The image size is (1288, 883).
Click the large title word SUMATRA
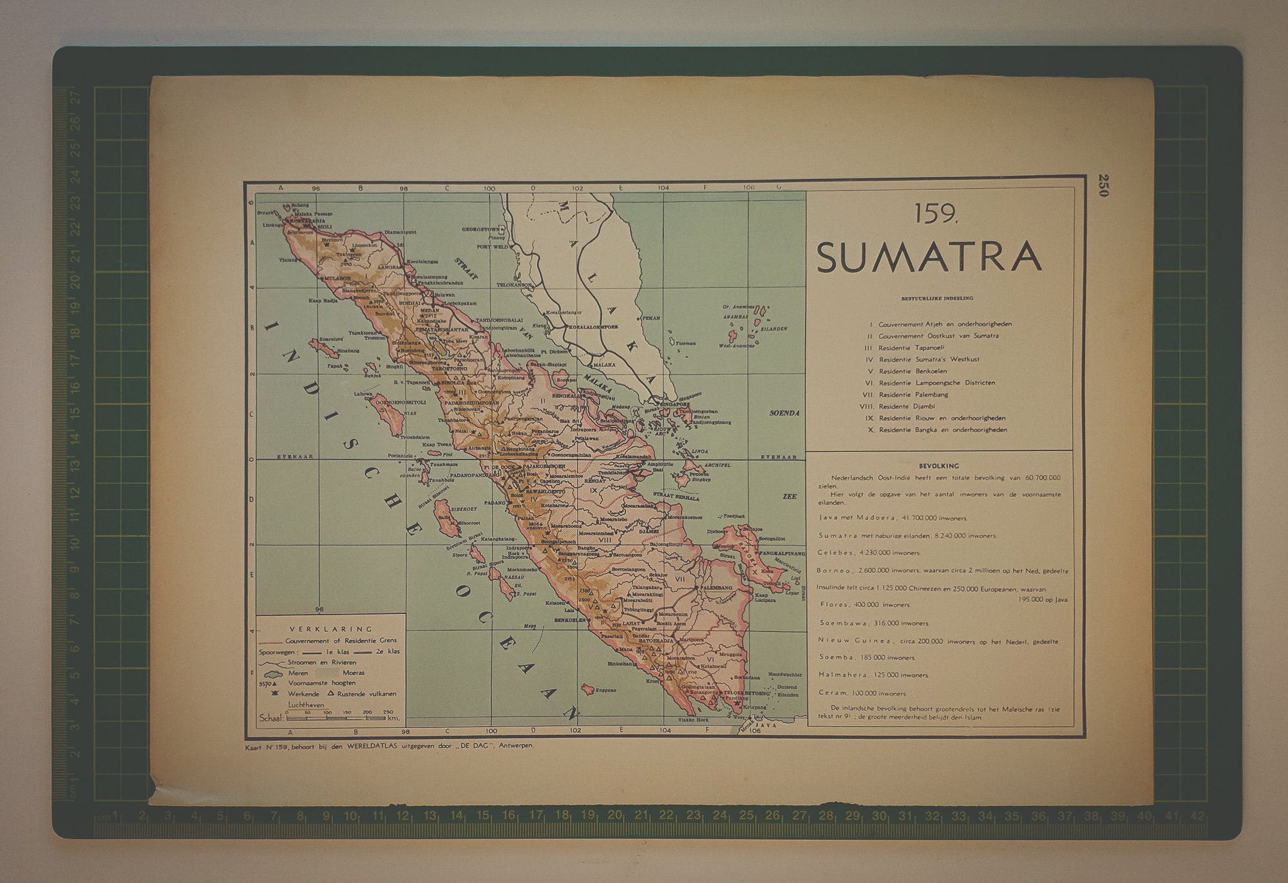click(x=929, y=256)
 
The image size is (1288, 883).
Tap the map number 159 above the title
click(x=936, y=214)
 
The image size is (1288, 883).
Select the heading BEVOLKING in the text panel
click(x=939, y=465)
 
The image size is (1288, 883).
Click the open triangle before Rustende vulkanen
click(x=331, y=694)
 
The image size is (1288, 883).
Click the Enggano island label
click(x=606, y=690)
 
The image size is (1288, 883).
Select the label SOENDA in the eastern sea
click(x=784, y=413)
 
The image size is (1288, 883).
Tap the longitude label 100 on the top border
click(x=489, y=189)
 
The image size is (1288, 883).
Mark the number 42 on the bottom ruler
click(x=1197, y=815)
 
